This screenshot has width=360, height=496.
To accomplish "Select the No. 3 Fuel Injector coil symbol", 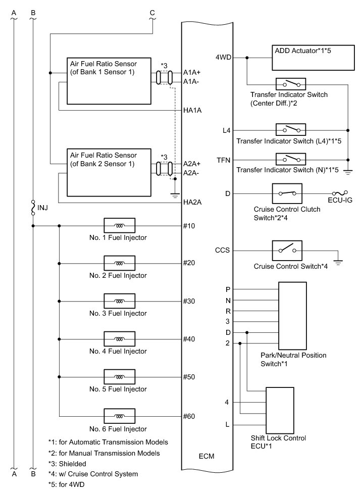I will click(x=119, y=301).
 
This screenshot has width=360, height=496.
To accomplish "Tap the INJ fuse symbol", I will click(x=33, y=208).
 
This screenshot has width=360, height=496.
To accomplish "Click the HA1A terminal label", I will click(x=192, y=111).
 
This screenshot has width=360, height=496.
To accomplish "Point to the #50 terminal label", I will click(x=189, y=377).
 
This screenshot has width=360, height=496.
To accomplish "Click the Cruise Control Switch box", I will click(x=287, y=250).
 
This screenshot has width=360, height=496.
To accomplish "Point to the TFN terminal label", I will click(x=223, y=160).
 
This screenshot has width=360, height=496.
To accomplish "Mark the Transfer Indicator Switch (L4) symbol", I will click(x=290, y=130).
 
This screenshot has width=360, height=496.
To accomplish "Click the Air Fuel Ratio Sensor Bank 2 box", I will click(x=109, y=172).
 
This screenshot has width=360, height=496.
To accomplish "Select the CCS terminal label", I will click(x=223, y=250).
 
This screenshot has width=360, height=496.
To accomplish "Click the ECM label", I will click(x=207, y=457).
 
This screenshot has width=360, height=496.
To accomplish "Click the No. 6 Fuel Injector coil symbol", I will click(x=119, y=416).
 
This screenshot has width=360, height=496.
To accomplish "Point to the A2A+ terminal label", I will click(x=192, y=164).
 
